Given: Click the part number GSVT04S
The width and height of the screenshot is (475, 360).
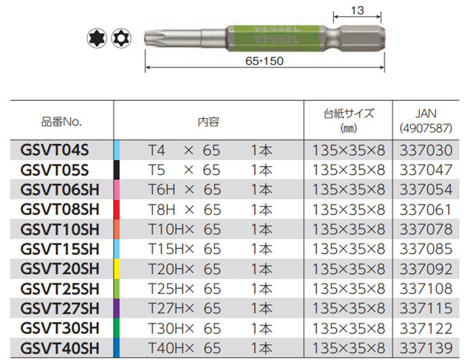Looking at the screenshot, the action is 55,150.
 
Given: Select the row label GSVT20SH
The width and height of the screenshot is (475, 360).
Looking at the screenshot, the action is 60,269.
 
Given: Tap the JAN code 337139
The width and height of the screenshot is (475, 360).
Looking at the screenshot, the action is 426,348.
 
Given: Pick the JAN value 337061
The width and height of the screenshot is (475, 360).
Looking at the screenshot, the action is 425,210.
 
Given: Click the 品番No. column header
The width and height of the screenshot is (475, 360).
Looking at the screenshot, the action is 61,122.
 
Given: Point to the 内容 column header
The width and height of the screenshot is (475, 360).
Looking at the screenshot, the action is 209,122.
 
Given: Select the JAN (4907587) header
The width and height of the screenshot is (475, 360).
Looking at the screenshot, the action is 426,121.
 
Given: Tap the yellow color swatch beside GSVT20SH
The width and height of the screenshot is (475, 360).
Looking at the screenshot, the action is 117,269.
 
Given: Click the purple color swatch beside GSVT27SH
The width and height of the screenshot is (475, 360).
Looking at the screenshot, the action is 117,308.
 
